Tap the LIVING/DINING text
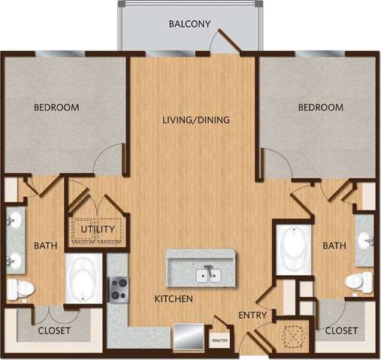(x=196, y=119)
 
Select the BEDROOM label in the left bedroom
(x=56, y=107)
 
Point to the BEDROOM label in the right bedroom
(x=321, y=107)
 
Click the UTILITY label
(x=97, y=229)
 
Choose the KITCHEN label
(x=174, y=299)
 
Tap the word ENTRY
(x=252, y=315)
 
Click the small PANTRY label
(x=219, y=340)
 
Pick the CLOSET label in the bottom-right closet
(x=342, y=330)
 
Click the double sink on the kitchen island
(x=208, y=275)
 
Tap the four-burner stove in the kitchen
(x=119, y=289)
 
